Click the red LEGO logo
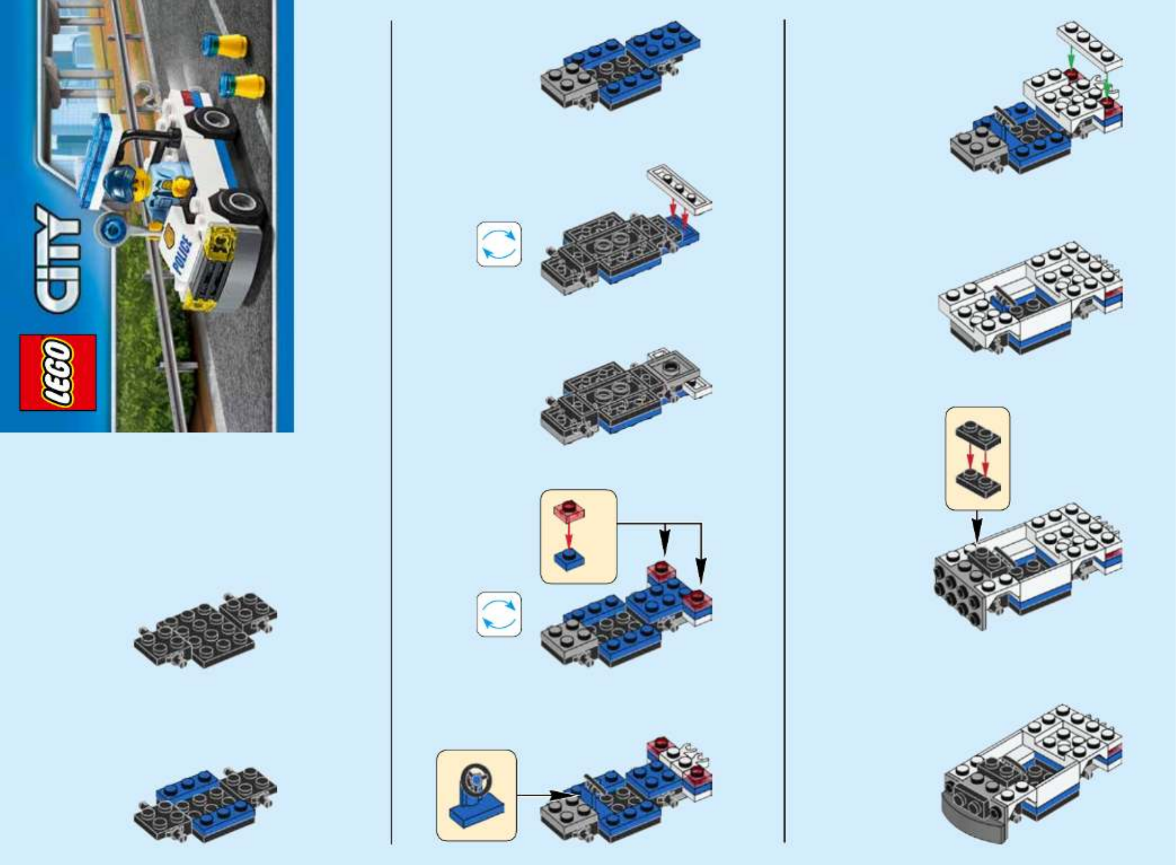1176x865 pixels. [58, 372]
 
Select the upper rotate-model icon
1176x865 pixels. [499, 244]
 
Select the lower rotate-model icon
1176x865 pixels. [499, 614]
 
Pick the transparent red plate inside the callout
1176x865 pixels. [569, 511]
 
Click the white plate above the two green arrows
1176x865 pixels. [1089, 48]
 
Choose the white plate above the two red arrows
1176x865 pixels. [680, 189]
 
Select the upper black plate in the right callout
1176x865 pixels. [978, 434]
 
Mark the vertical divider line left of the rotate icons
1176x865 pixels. [391, 432]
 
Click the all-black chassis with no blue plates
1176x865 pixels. [206, 630]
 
